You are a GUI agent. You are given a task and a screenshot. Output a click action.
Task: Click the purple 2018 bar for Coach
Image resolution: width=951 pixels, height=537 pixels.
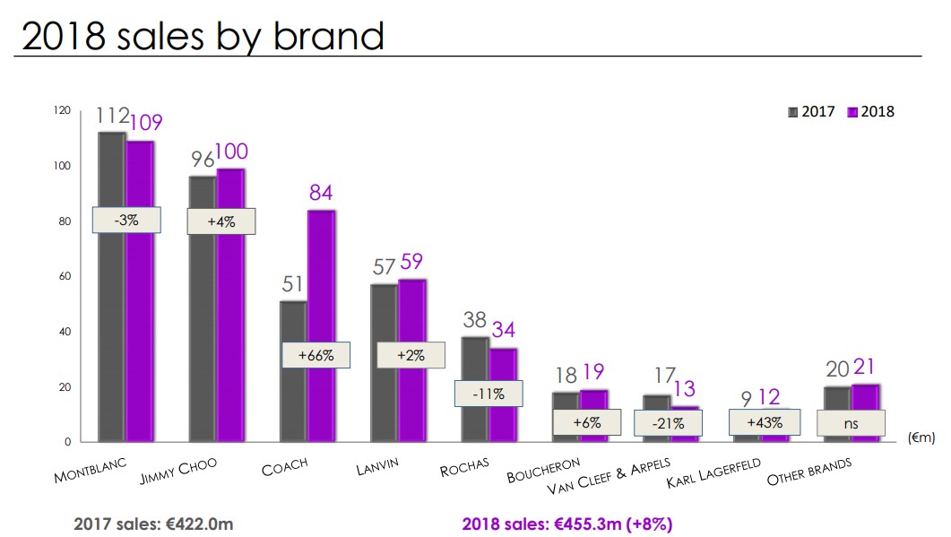coord(323,269)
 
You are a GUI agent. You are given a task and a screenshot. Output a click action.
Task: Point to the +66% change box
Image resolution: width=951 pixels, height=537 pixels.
coord(316,355)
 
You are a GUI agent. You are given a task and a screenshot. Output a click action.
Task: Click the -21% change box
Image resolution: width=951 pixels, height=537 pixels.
coord(667,422)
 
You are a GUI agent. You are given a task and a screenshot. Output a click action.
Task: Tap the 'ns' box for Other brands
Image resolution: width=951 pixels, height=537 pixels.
coord(851,422)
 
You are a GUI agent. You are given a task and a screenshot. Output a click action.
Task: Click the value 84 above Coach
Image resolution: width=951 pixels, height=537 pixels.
coord(322,193)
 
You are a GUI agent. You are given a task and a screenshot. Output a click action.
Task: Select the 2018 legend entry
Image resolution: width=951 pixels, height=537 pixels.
coord(870,112)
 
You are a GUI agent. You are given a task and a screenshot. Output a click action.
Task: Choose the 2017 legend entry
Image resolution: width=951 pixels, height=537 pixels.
coord(811,112)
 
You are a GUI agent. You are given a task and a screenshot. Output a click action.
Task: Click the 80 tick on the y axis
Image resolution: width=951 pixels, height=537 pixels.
coord(62,221)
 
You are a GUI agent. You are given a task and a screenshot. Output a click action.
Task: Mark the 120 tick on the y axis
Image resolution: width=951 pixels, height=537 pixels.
coord(61,110)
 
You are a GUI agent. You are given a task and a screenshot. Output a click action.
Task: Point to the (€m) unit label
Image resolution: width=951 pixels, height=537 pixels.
coord(921,437)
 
